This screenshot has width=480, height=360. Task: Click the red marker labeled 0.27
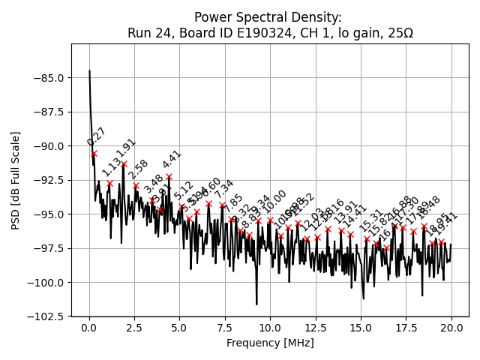pyautogui.click(x=94, y=153)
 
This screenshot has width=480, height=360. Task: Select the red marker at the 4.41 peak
pyautogui.click(x=169, y=176)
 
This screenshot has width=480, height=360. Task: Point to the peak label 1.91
pyautogui.click(x=126, y=148)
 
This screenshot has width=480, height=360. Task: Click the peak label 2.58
pyautogui.click(x=138, y=169)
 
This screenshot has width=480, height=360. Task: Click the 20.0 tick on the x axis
pyautogui.click(x=451, y=328)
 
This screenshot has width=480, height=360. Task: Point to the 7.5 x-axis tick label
pyautogui.click(x=225, y=328)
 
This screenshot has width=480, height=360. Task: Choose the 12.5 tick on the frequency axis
pyautogui.click(x=316, y=328)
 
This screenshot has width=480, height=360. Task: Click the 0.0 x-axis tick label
pyautogui.click(x=89, y=328)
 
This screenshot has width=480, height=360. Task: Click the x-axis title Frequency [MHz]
pyautogui.click(x=270, y=343)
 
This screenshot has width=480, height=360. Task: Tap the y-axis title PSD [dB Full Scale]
pyautogui.click(x=16, y=180)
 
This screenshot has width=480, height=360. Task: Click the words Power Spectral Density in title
pyautogui.click(x=268, y=17)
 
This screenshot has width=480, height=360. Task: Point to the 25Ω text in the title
pyautogui.click(x=398, y=33)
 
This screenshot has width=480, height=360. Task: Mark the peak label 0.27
pyautogui.click(x=97, y=137)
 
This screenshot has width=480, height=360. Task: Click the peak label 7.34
pyautogui.click(x=224, y=189)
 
